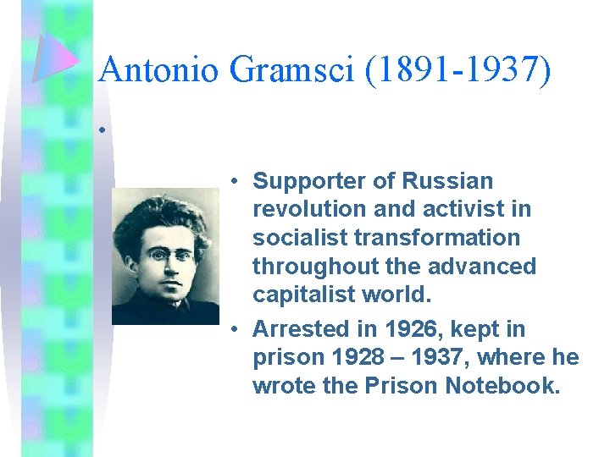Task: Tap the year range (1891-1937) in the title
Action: coord(458,69)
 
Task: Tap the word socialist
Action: coord(297,239)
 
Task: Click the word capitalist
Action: coord(302,296)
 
